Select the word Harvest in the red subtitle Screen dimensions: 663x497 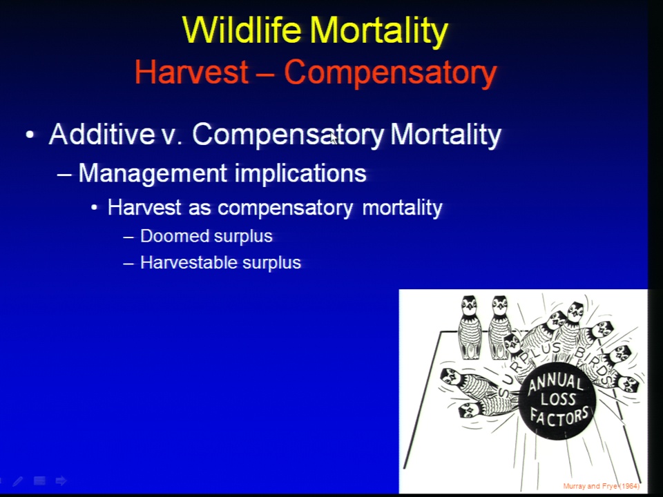point(191,71)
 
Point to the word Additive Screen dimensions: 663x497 point(102,134)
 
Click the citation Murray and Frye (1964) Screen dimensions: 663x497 point(602,486)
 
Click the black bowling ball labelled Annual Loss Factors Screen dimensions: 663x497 point(557,400)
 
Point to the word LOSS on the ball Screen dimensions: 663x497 point(558,400)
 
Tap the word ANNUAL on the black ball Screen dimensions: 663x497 point(555,384)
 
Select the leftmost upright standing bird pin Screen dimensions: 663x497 point(470,327)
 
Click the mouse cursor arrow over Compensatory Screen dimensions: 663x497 point(334,138)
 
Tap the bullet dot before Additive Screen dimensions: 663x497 point(30,135)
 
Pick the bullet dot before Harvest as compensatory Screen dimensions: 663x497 point(95,208)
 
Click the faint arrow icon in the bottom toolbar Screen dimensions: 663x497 point(61,480)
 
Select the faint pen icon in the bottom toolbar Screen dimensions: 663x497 point(18,481)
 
